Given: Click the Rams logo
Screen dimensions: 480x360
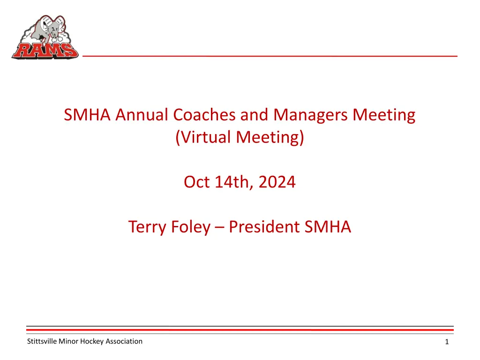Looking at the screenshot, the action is click(45, 37).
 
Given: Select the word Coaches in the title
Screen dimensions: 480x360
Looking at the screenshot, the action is click(204, 115).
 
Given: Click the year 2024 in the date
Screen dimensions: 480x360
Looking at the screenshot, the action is click(277, 182).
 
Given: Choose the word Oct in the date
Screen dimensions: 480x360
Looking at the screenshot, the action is click(196, 182).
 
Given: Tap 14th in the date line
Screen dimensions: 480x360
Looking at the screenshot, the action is click(234, 183).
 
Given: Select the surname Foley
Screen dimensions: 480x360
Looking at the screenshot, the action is click(190, 227).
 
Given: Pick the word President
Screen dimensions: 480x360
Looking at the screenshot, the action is click(264, 227).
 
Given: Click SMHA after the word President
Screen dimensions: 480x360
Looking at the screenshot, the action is click(328, 227).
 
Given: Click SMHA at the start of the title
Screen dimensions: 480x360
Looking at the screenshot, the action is click(87, 115).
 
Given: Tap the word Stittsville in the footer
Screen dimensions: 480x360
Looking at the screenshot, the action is click(42, 341).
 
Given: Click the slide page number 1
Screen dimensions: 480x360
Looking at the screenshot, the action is click(447, 342).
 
